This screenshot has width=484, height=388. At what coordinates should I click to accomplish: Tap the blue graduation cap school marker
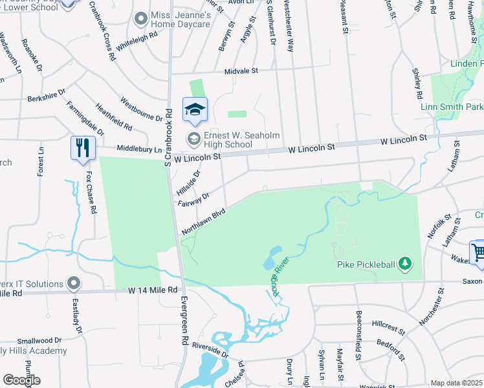coord(194,110)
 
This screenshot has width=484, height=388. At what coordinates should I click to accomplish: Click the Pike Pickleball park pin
coord(404,263)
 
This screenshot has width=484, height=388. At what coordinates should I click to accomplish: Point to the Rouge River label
coord(280,275)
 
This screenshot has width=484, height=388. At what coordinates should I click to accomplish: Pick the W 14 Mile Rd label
coord(153,290)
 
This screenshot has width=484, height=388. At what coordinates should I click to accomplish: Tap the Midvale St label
coord(241,70)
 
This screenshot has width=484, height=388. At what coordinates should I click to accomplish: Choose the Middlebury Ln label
coord(137,149)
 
